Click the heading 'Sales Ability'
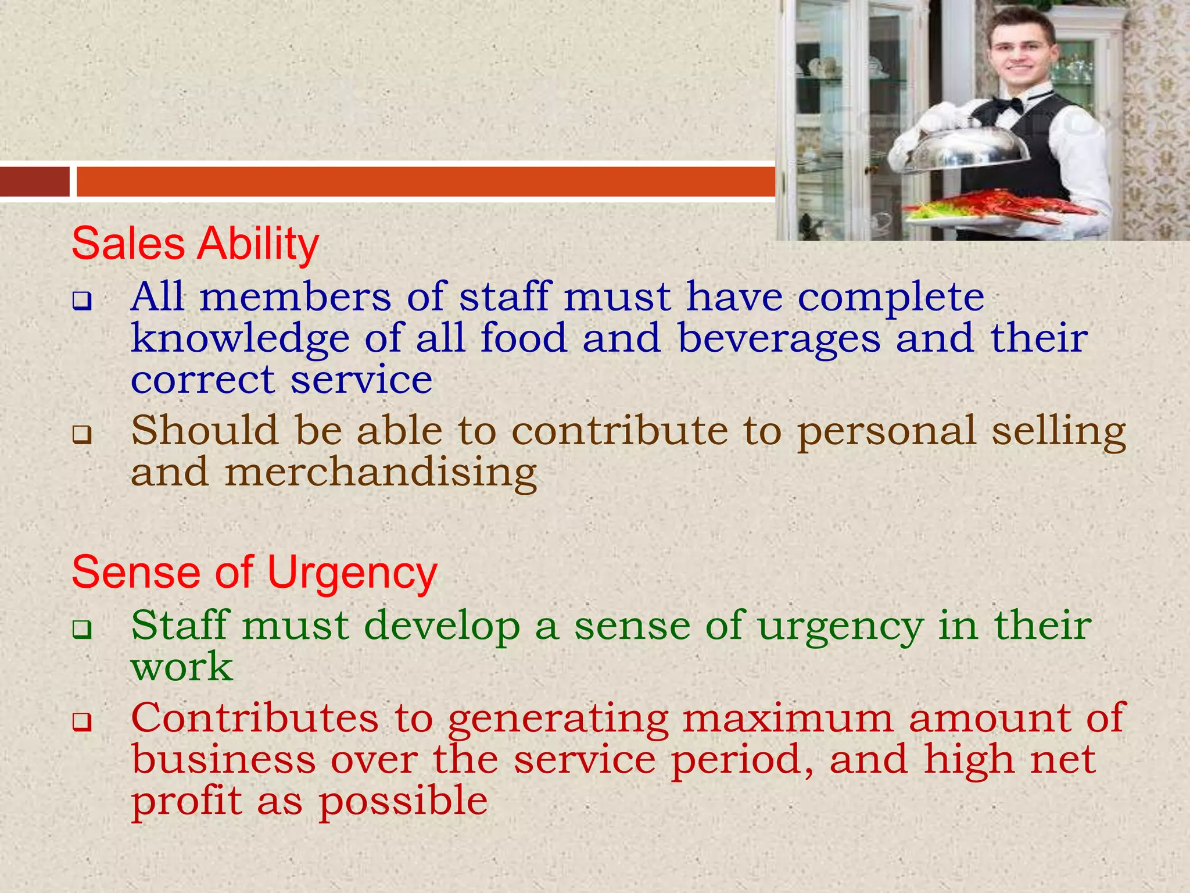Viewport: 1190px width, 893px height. [195, 244]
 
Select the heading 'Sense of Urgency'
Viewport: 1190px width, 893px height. [254, 573]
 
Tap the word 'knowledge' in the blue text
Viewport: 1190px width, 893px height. [240, 338]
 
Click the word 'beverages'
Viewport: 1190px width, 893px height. [779, 338]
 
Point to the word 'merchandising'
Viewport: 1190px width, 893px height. [381, 473]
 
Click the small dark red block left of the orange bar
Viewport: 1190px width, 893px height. [34, 181]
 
